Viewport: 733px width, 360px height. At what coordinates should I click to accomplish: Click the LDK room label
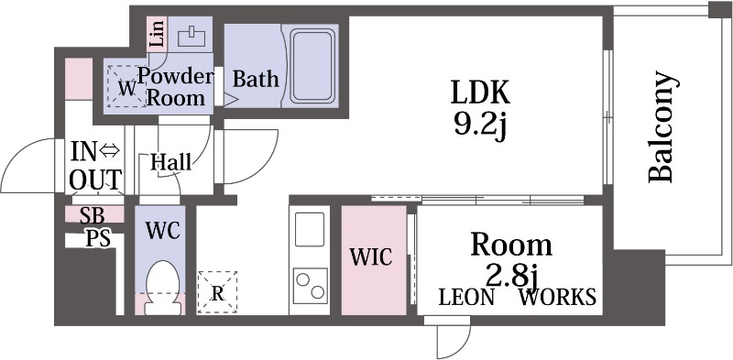(x=480, y=93)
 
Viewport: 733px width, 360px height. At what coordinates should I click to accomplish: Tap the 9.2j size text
(x=480, y=125)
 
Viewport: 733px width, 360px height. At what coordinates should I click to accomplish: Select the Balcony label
(x=662, y=126)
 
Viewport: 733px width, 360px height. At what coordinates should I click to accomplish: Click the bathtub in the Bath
(x=313, y=65)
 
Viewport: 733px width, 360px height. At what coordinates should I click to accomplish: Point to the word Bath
(x=256, y=79)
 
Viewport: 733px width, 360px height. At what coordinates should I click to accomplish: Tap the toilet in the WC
(x=163, y=287)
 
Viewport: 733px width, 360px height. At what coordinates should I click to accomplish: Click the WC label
(x=163, y=230)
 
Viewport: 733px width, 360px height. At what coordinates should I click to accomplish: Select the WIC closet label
(x=371, y=256)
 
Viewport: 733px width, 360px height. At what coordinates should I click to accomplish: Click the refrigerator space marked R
(x=217, y=292)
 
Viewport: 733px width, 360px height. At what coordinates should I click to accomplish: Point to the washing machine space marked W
(x=126, y=86)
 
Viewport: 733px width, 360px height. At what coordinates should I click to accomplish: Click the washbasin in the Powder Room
(x=191, y=37)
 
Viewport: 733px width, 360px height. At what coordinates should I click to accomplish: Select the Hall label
(x=170, y=162)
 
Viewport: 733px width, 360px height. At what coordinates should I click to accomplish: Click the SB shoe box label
(x=93, y=215)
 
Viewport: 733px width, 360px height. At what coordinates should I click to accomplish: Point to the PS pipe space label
(x=98, y=238)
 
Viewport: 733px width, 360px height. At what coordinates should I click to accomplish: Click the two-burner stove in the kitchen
(x=310, y=286)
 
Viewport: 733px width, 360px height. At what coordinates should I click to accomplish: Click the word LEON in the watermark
(x=465, y=298)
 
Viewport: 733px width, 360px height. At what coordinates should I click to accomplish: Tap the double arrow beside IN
(x=110, y=150)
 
